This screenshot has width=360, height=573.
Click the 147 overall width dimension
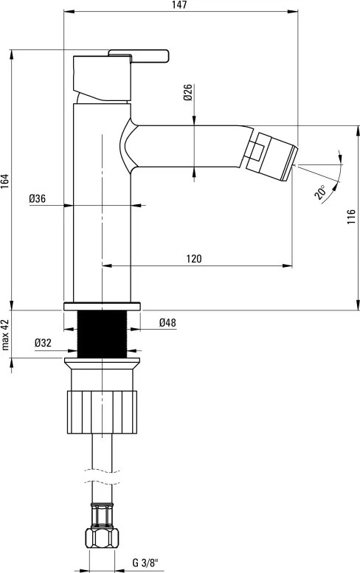click(x=180, y=5)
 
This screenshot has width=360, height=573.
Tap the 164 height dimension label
click(x=5, y=181)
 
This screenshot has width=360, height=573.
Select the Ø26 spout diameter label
click(x=188, y=92)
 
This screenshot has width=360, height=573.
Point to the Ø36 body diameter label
click(x=38, y=199)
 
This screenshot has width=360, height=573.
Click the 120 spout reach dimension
click(x=194, y=259)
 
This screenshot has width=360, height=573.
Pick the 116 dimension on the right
click(x=351, y=217)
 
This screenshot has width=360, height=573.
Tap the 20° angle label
click(x=320, y=192)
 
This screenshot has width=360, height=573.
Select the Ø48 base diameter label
click(x=167, y=323)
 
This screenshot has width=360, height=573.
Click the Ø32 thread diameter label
click(x=43, y=343)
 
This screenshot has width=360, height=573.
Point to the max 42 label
click(x=5, y=334)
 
